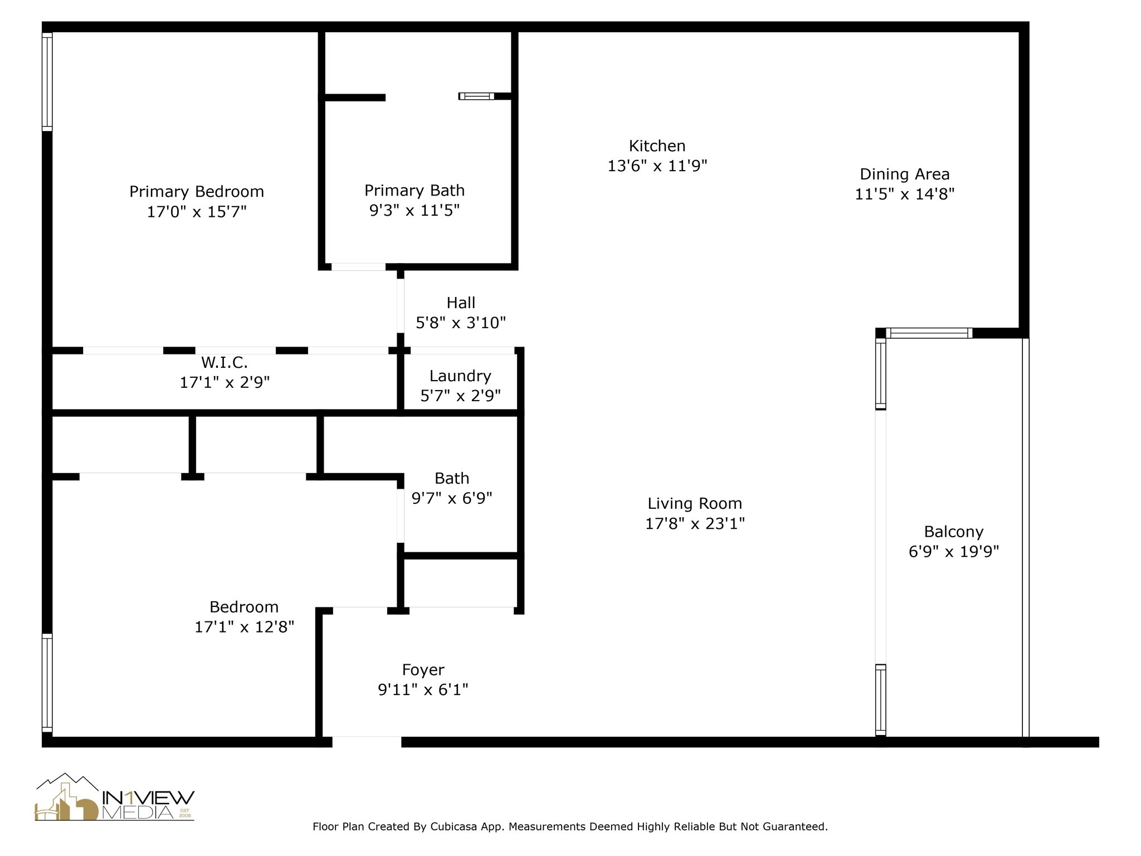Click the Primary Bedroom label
pos(197,192)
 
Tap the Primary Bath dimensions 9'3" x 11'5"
pos(415,211)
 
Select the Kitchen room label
pos(657,146)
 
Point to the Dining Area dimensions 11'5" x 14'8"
pos(904,194)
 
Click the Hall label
pos(461,303)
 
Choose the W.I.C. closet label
pos(225,363)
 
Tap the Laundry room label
pos(460,376)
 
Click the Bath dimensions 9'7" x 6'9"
pos(452,498)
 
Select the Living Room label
pos(695,504)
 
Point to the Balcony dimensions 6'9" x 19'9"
pos(953,552)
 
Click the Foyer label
pos(423,670)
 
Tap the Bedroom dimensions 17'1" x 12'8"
pos(244,627)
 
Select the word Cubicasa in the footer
pos(454,826)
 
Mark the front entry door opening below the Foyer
pos(367,742)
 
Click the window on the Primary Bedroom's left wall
pos(47,82)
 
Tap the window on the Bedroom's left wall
pos(47,683)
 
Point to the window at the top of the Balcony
pos(929,333)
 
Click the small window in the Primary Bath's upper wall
pos(476,96)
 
